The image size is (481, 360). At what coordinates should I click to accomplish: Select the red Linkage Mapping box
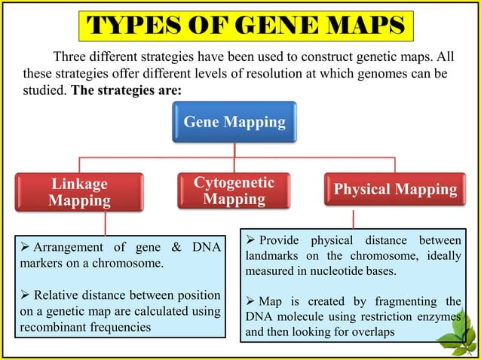click(x=79, y=192)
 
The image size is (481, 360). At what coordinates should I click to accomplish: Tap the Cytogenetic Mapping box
click(x=234, y=191)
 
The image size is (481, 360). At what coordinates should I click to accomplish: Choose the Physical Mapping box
click(x=395, y=190)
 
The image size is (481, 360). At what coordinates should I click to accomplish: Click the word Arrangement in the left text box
click(x=67, y=249)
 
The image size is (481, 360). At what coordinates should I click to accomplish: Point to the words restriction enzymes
click(x=409, y=316)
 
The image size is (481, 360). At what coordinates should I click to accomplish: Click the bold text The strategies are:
click(x=125, y=90)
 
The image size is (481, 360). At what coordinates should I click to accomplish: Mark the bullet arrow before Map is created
click(x=251, y=301)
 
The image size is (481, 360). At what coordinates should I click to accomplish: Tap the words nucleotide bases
click(x=367, y=271)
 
